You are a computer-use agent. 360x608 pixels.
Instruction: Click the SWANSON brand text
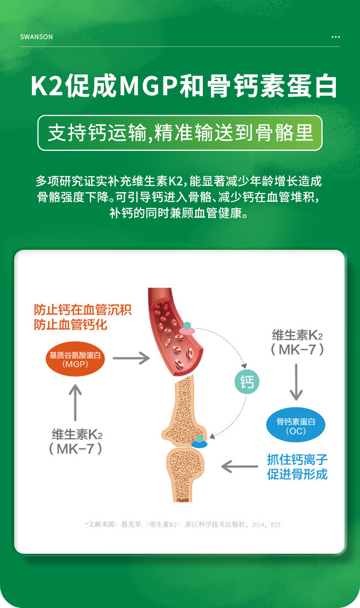click(x=36, y=37)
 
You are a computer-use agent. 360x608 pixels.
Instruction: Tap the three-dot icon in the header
click(x=335, y=37)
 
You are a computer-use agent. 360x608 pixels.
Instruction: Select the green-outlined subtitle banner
click(x=180, y=133)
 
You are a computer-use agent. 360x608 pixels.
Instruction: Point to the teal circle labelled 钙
click(x=247, y=381)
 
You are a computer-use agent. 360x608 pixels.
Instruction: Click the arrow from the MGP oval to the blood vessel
click(x=131, y=358)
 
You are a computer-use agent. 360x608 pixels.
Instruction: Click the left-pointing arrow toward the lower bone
click(x=239, y=466)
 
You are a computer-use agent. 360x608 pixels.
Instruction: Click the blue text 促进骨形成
click(x=297, y=474)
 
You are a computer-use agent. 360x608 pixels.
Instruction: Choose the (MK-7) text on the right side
click(x=297, y=350)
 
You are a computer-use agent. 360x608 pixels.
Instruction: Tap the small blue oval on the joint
click(x=200, y=444)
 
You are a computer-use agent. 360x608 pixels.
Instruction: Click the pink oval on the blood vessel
click(x=187, y=330)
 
